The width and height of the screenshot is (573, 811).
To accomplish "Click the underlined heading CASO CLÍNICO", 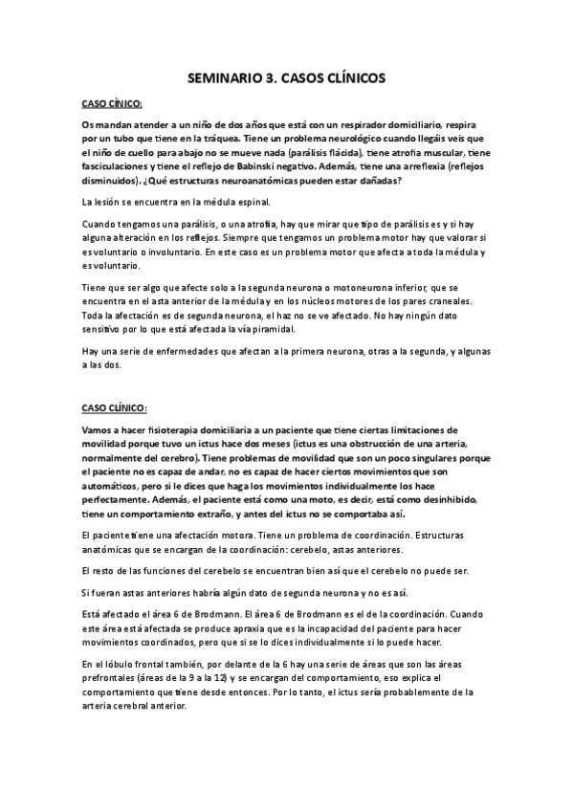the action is point(115,408).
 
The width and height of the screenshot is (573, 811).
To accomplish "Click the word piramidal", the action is point(308,328).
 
